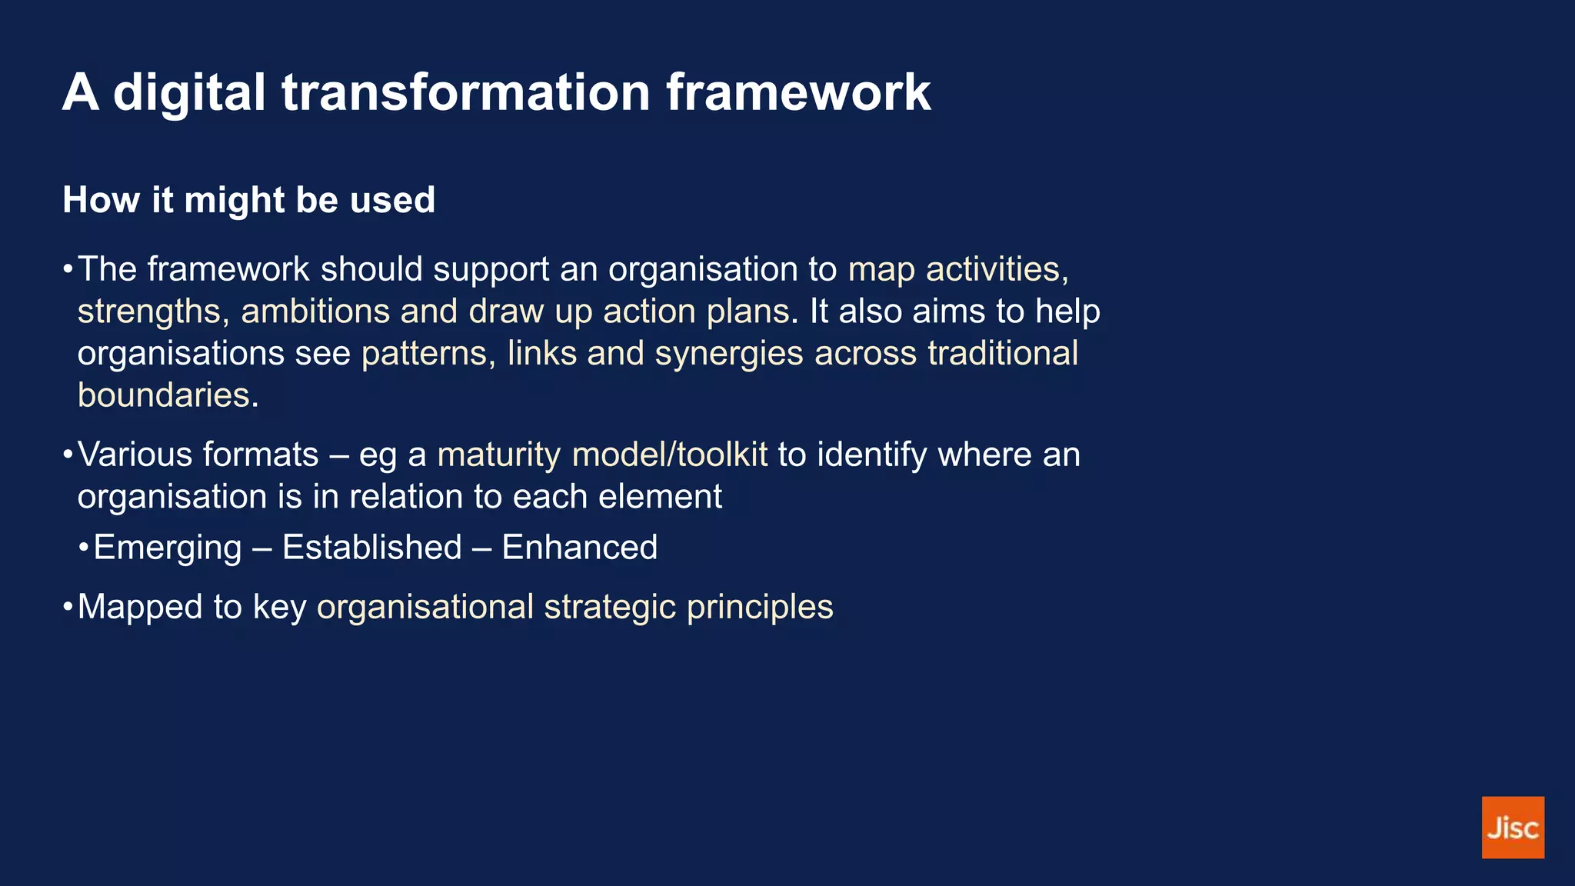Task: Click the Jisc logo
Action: tap(1512, 827)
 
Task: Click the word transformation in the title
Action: tap(466, 92)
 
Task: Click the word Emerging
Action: tap(167, 548)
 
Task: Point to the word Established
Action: tap(371, 548)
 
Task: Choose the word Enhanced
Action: tap(579, 548)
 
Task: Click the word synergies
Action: tap(728, 354)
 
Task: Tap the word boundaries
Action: tap(164, 395)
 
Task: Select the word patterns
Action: tap(424, 354)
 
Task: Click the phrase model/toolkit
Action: tap(669, 455)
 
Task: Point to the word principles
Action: tap(759, 608)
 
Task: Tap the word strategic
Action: tap(610, 608)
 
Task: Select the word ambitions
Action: tap(315, 311)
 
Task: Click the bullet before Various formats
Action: tap(68, 454)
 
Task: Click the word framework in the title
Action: tap(797, 92)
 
